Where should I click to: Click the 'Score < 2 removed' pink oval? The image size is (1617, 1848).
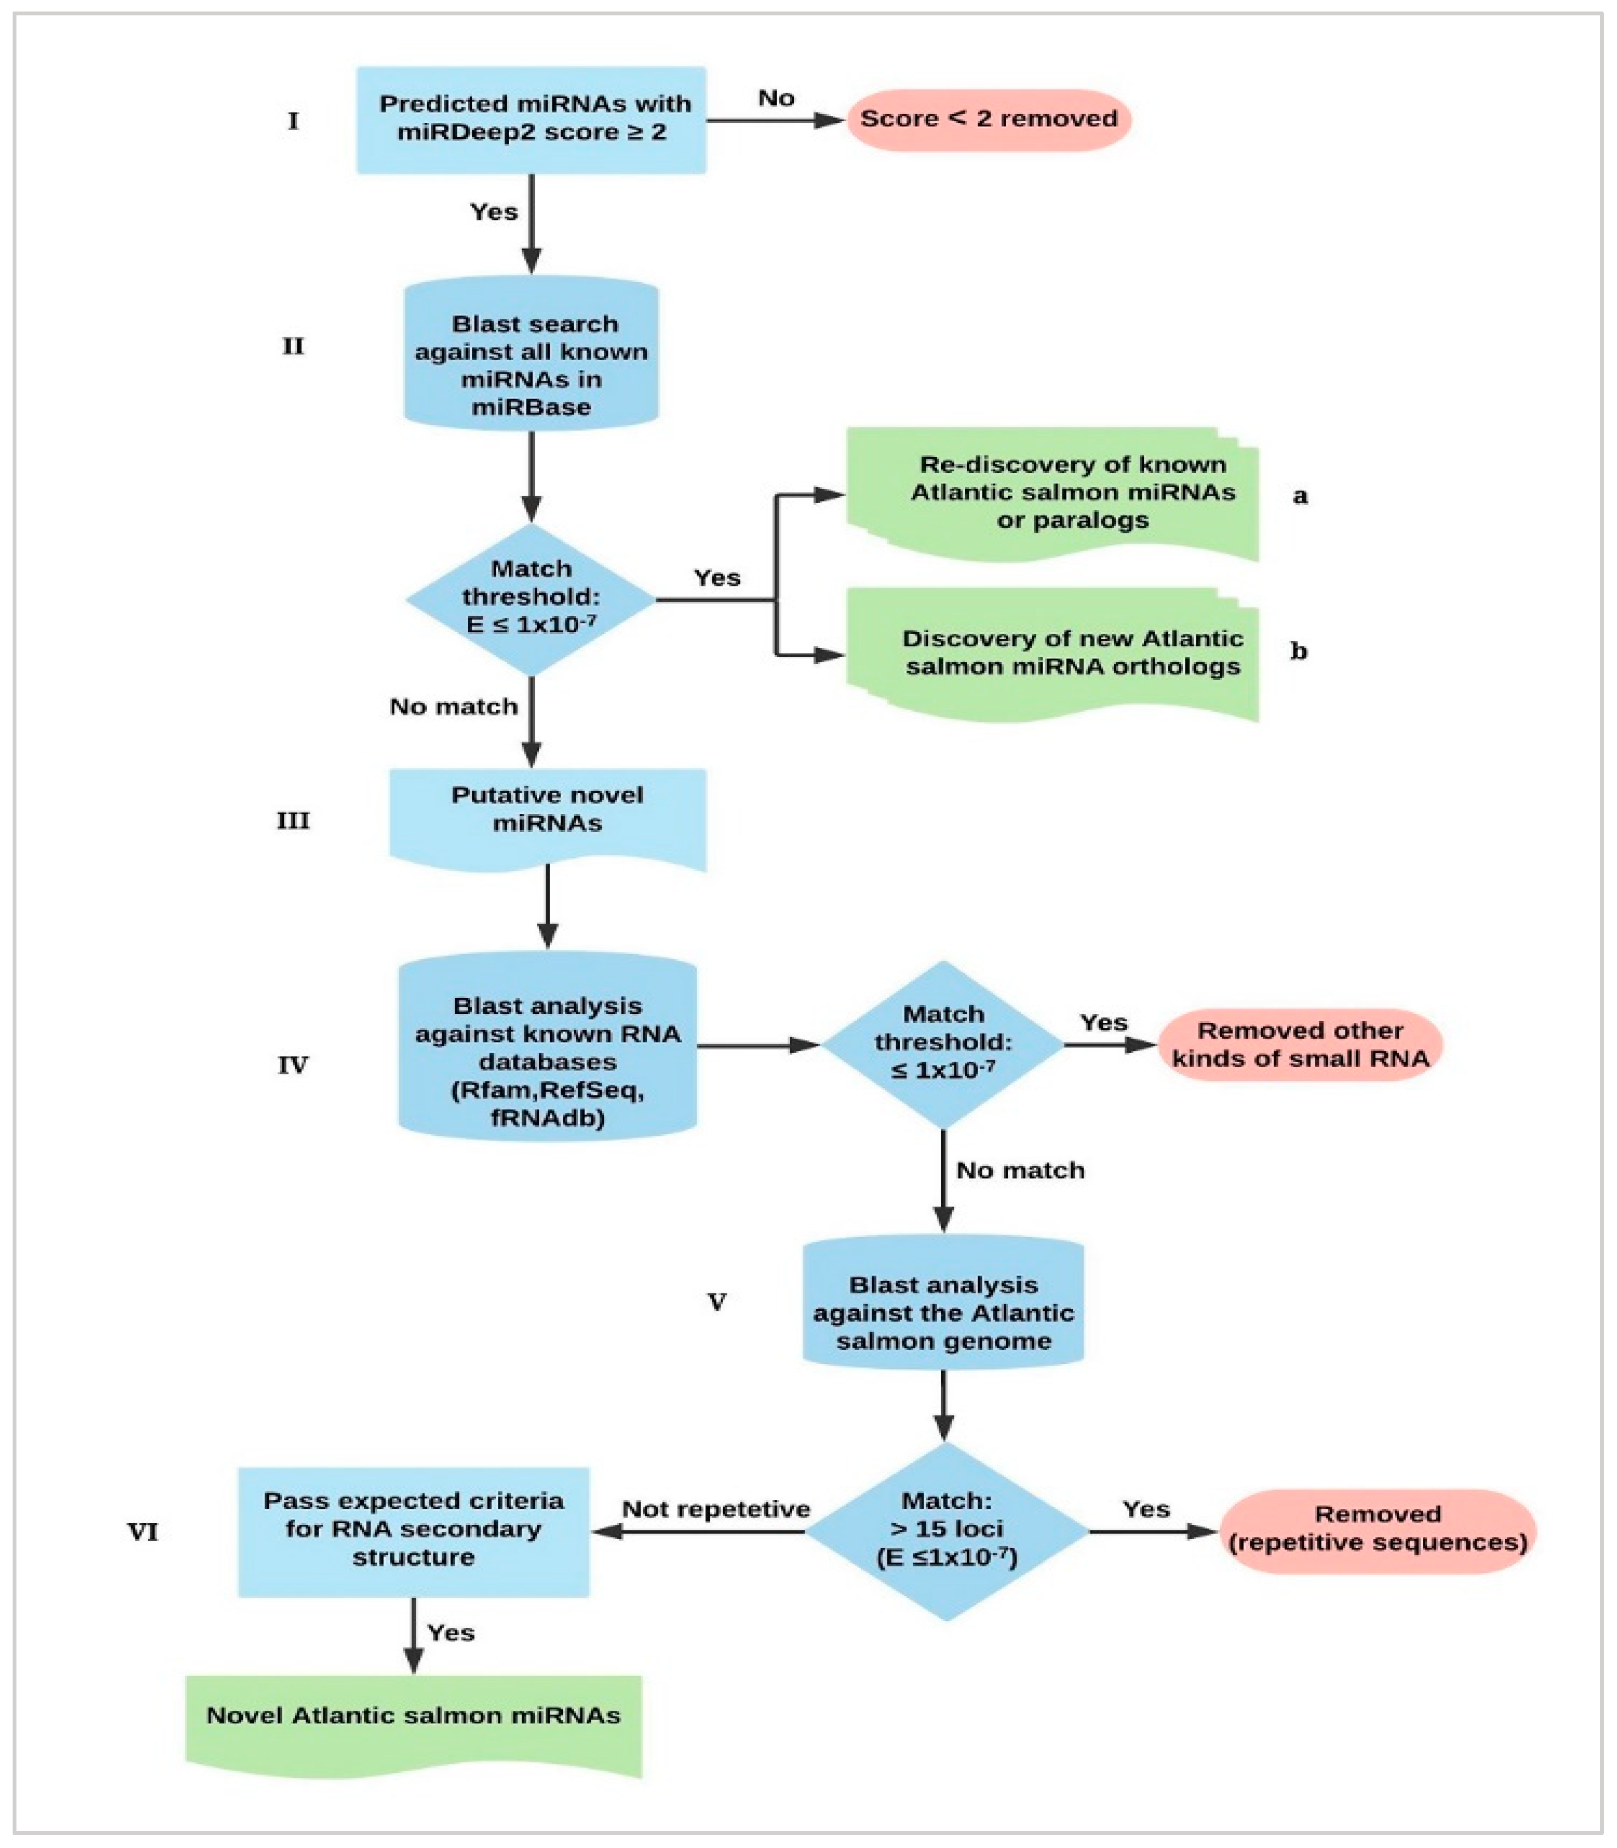click(x=988, y=119)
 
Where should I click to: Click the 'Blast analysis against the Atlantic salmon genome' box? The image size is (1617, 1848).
click(x=943, y=1312)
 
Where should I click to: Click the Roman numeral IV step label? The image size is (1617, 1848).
click(x=292, y=1065)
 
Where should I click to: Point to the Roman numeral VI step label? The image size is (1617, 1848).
click(x=143, y=1532)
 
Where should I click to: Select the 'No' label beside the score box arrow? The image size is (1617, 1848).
click(x=776, y=98)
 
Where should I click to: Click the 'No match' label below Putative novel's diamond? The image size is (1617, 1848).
click(x=453, y=706)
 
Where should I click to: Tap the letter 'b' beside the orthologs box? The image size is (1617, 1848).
click(x=1298, y=651)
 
